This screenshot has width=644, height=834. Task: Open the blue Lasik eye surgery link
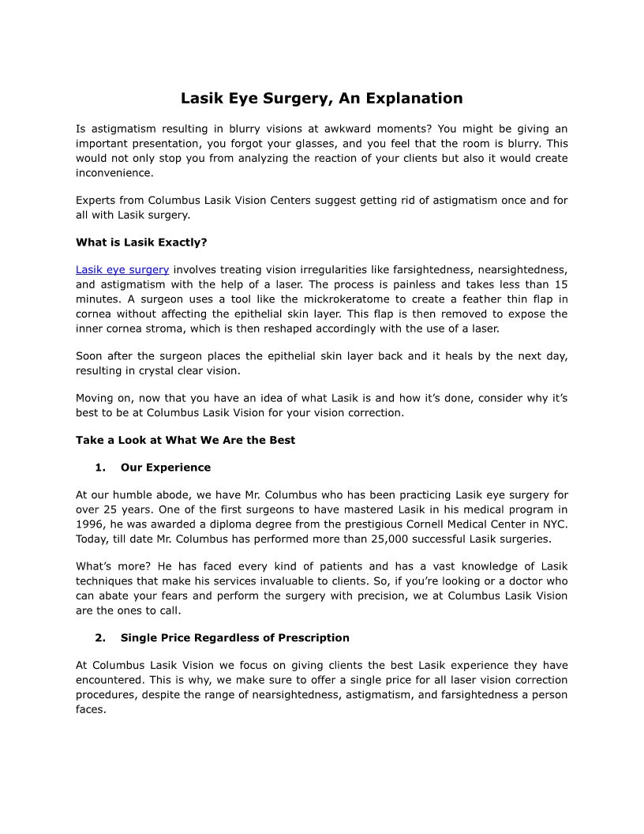[x=122, y=269]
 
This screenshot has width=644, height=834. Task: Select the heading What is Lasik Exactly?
[x=141, y=242]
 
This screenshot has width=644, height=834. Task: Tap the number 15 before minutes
[x=560, y=284]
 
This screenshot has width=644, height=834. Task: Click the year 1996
[x=90, y=524]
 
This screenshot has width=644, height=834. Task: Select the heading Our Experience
[x=166, y=468]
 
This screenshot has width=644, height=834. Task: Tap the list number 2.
[x=100, y=637]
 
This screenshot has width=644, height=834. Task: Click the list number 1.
[x=100, y=468]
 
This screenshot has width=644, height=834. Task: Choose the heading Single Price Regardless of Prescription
[x=235, y=637]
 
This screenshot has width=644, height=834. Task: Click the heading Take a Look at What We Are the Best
[x=185, y=440]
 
